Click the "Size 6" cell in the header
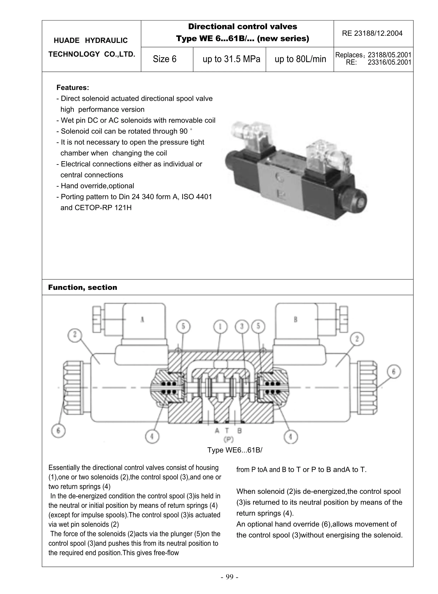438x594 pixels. coord(164,59)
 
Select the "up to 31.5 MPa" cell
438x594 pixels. coord(231,59)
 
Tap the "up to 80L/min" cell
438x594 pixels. coord(300,59)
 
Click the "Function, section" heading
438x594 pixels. coord(82,287)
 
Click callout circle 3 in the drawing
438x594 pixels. coord(242,327)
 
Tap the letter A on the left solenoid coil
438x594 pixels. coord(142,320)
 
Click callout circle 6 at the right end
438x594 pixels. coord(394,372)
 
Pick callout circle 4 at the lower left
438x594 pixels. coord(152,436)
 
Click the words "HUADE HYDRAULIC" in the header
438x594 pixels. coord(90,41)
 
